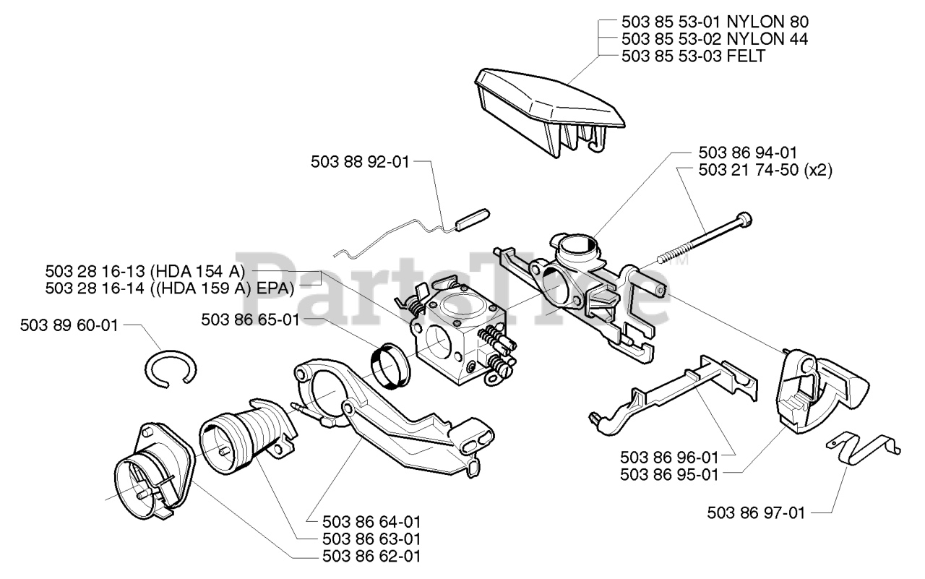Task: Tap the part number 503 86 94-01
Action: coord(748,153)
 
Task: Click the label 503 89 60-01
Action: coord(69,325)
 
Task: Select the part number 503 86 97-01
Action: coord(756,512)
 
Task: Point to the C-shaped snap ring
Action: coord(170,368)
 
